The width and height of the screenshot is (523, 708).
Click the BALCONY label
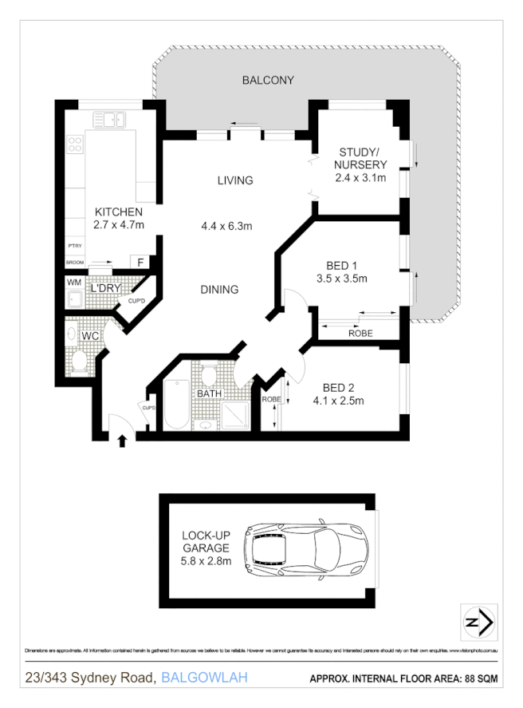[268, 80]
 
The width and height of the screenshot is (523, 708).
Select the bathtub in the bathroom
[175, 407]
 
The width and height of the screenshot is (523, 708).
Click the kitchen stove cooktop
[76, 144]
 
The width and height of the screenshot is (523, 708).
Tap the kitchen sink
[108, 121]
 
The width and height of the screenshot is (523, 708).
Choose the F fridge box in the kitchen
[140, 263]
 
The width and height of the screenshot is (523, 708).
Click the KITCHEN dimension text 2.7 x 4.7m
[119, 225]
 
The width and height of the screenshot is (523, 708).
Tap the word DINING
[218, 289]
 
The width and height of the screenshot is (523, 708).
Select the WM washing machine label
[74, 283]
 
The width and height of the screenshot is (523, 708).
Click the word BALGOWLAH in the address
[204, 678]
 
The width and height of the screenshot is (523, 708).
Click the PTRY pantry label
[75, 246]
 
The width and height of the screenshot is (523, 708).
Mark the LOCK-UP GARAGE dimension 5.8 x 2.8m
[205, 561]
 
